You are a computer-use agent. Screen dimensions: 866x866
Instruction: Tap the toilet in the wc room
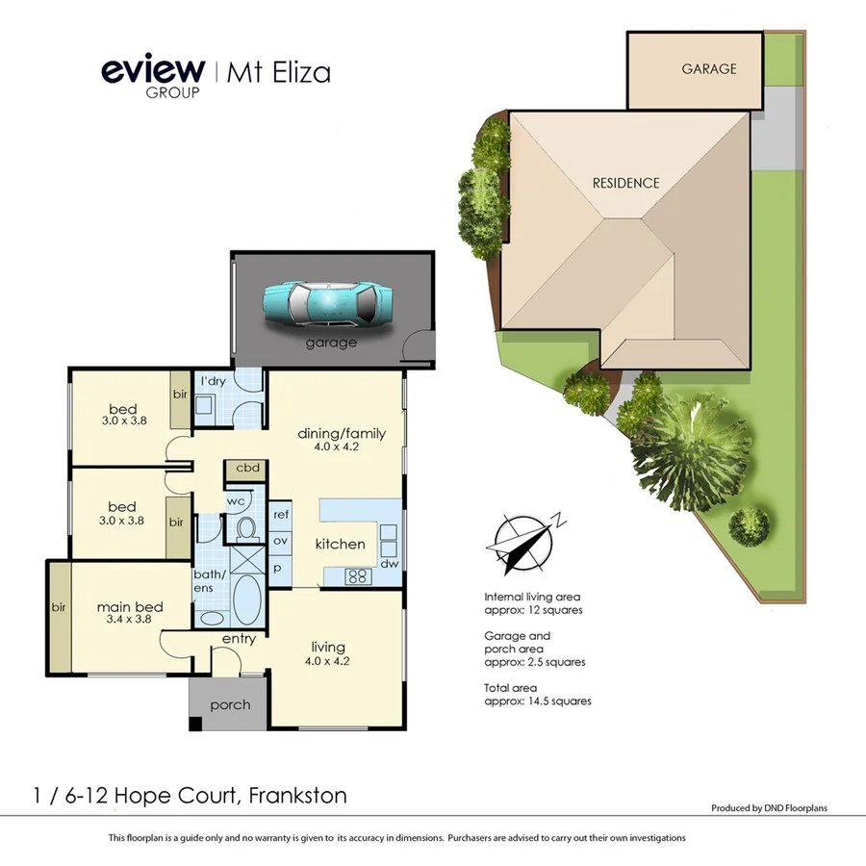tap(244, 527)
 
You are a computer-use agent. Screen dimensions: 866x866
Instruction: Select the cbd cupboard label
tap(247, 469)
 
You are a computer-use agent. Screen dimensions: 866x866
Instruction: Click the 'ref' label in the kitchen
tap(281, 515)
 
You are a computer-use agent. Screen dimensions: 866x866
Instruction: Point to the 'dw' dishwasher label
tap(389, 564)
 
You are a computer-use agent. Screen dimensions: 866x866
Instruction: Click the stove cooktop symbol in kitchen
tap(359, 577)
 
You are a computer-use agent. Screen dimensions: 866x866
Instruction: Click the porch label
tap(230, 705)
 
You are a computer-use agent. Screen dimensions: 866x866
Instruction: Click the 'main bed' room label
tap(130, 607)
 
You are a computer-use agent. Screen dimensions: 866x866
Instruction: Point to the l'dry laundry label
tap(212, 382)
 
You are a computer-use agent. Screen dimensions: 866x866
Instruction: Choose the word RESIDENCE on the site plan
tap(625, 183)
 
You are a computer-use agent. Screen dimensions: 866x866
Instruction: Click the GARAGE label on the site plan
tap(709, 69)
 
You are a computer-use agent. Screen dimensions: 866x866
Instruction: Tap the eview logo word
tap(153, 70)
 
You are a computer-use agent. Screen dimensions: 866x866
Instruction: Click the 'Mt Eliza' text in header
tap(279, 73)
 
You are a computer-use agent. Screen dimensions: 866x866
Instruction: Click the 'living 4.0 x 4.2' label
tap(327, 653)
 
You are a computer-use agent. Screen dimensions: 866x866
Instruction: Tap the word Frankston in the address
tap(297, 796)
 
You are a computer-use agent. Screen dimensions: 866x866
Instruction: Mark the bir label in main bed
tap(59, 609)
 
